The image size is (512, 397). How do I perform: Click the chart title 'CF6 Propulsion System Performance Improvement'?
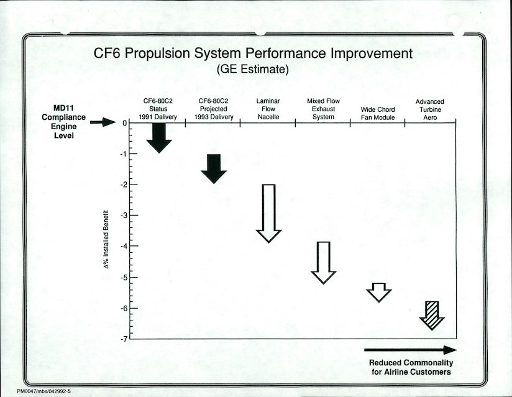pyautogui.click(x=252, y=53)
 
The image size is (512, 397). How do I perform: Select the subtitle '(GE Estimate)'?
pyautogui.click(x=252, y=70)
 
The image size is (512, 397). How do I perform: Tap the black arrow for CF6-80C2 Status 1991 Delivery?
pyautogui.click(x=159, y=137)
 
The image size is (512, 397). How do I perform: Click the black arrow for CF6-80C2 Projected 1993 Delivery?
pyautogui.click(x=214, y=168)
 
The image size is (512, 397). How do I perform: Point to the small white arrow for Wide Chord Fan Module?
pyautogui.click(x=378, y=292)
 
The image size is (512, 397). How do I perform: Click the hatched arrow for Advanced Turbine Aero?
pyautogui.click(x=432, y=315)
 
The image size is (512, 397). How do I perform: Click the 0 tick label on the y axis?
pyautogui.click(x=124, y=123)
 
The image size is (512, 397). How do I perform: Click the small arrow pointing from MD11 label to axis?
pyautogui.click(x=103, y=123)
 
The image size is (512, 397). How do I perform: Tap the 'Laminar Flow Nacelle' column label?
pyautogui.click(x=268, y=109)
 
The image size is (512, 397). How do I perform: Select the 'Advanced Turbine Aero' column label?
pyautogui.click(x=429, y=109)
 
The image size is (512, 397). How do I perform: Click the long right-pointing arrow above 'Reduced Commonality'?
pyautogui.click(x=410, y=350)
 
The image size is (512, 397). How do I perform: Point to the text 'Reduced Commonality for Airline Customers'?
pyautogui.click(x=411, y=367)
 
